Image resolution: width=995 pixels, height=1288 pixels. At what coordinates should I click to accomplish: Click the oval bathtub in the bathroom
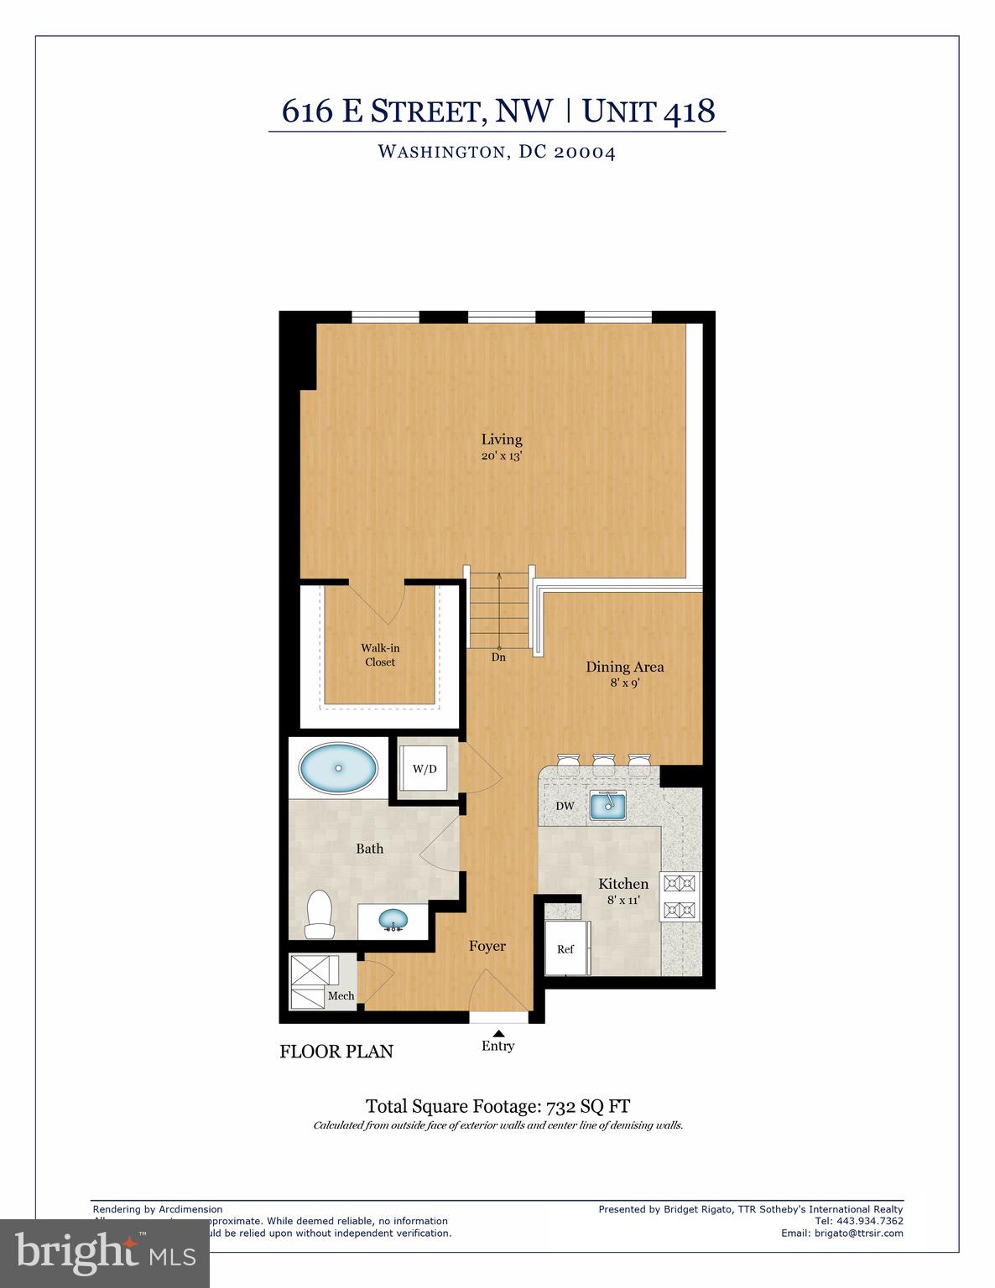[x=338, y=768]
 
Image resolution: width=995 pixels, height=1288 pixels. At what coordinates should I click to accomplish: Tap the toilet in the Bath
[x=320, y=914]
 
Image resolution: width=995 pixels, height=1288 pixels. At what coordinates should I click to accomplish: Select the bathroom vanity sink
[x=393, y=921]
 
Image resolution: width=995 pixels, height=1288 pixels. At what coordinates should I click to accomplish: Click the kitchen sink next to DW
[x=608, y=806]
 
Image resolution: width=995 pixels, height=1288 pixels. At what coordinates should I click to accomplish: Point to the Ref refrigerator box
[x=566, y=948]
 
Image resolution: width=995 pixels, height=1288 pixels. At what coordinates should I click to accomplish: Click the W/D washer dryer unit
[x=425, y=769]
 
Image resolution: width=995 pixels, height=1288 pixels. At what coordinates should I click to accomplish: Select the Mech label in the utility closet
[x=341, y=995]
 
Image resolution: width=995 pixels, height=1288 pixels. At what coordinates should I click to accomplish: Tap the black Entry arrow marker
[x=498, y=1033]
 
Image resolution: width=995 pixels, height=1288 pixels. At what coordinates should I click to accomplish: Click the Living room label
[x=502, y=439]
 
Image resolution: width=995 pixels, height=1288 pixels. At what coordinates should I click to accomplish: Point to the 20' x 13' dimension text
[x=502, y=456]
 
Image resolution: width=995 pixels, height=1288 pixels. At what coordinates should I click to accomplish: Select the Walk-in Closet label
[x=380, y=655]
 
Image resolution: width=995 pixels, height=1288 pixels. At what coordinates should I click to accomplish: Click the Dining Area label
[x=624, y=667]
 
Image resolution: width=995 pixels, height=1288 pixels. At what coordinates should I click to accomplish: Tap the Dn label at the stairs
[x=498, y=657]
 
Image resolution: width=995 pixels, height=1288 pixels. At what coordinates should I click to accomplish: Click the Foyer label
[x=487, y=946]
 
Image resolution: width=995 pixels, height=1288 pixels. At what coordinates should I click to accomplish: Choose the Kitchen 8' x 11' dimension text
[x=623, y=900]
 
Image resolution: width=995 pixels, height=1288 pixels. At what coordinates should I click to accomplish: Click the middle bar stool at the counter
[x=604, y=760]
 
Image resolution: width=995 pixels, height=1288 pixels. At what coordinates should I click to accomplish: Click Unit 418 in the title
[x=649, y=111]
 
